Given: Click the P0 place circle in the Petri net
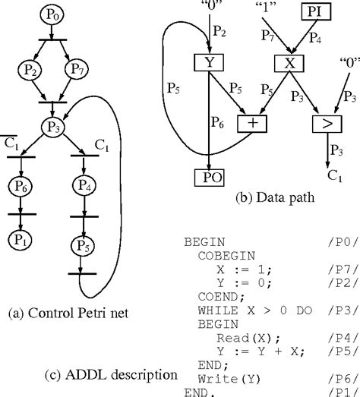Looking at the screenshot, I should pyautogui.click(x=51, y=14).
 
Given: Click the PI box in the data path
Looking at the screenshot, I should pyautogui.click(x=315, y=12).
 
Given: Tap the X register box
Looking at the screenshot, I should pyautogui.click(x=289, y=64).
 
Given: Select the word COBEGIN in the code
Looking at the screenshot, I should pyautogui.click(x=221, y=256).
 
